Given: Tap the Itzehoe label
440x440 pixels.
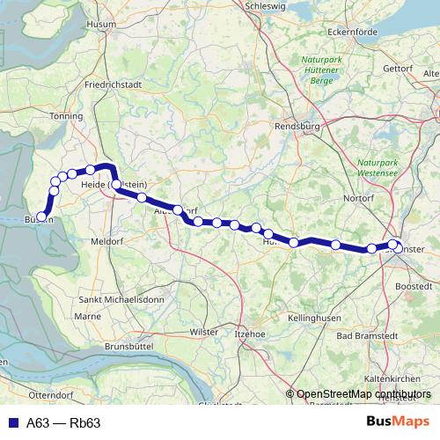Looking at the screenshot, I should [248, 334].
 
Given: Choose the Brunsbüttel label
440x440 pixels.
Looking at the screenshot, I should [130, 347].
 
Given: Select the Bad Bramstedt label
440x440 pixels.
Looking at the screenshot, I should [367, 336].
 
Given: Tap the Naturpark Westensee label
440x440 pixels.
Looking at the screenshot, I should [379, 170].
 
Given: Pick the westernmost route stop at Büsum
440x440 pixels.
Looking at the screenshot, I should [41, 216].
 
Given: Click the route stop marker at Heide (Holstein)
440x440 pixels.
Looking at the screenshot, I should [116, 185].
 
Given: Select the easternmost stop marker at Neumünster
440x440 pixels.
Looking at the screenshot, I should [398, 249].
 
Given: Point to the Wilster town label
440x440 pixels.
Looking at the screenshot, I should [203, 334].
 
